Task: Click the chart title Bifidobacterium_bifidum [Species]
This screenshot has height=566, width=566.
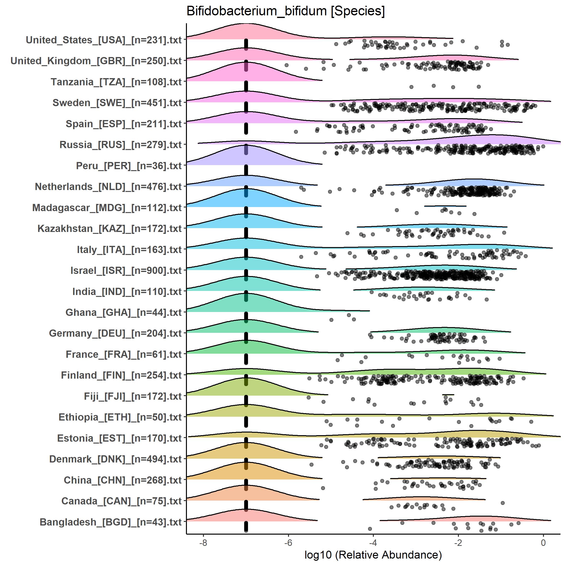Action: [285, 12]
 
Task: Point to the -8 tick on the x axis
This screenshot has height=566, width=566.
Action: [203, 543]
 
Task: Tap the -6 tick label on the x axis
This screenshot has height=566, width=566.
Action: [288, 543]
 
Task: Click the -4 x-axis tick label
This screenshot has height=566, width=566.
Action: [373, 543]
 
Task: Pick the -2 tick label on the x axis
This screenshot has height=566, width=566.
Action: [458, 543]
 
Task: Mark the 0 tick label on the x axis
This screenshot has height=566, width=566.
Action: [543, 543]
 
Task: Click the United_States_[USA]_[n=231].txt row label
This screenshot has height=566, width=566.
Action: [104, 40]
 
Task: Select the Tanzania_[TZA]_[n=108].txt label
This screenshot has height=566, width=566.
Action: [116, 82]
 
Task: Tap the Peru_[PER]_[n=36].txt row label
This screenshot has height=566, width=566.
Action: [129, 166]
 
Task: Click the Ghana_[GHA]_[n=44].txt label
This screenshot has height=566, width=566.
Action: [124, 312]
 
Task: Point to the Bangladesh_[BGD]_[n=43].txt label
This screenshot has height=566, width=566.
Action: [111, 522]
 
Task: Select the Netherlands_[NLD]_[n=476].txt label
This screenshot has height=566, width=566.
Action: [108, 187]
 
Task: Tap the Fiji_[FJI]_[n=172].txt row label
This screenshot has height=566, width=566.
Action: [133, 396]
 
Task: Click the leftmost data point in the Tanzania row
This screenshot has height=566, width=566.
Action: [411, 87]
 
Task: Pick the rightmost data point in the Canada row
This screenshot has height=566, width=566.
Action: [503, 503]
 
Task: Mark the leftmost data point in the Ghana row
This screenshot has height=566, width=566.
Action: [331, 320]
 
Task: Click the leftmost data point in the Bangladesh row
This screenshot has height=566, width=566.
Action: [370, 529]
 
